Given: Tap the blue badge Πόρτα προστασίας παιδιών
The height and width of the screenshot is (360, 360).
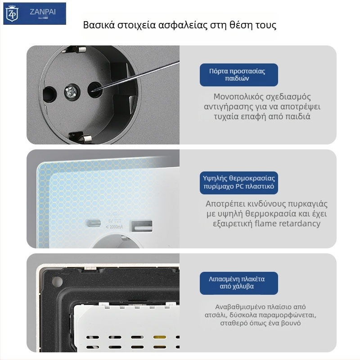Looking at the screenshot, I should coord(238,75).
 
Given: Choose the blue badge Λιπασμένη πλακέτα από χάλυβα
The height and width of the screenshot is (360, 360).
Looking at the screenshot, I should coord(238,283).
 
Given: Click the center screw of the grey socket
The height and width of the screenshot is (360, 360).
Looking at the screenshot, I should coord(71,93).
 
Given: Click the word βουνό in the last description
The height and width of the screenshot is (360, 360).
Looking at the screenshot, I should coord(291,323).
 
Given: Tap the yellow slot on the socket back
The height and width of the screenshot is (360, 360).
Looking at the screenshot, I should coord(158,337).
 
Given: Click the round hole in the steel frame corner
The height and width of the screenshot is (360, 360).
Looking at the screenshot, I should coord(57,282).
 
